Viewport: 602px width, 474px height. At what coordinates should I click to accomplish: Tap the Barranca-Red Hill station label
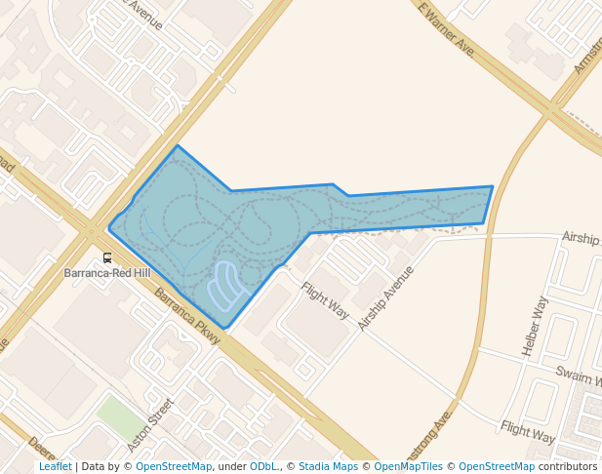point(107,274)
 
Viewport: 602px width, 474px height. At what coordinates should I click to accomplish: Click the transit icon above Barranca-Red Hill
point(107,258)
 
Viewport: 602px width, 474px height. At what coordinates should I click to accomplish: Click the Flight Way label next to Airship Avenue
point(325,300)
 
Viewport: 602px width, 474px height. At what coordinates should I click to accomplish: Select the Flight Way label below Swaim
point(527,428)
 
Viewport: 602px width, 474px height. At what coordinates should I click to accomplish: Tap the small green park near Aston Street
point(118,416)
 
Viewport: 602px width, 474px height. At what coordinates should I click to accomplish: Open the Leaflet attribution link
point(55,467)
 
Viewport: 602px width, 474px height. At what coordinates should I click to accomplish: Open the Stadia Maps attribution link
point(328,467)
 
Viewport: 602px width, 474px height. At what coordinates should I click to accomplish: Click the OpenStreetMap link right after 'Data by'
point(174,467)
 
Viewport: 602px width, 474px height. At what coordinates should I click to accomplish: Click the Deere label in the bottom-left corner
point(41,449)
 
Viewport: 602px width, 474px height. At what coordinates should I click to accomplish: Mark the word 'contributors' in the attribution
point(568,467)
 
